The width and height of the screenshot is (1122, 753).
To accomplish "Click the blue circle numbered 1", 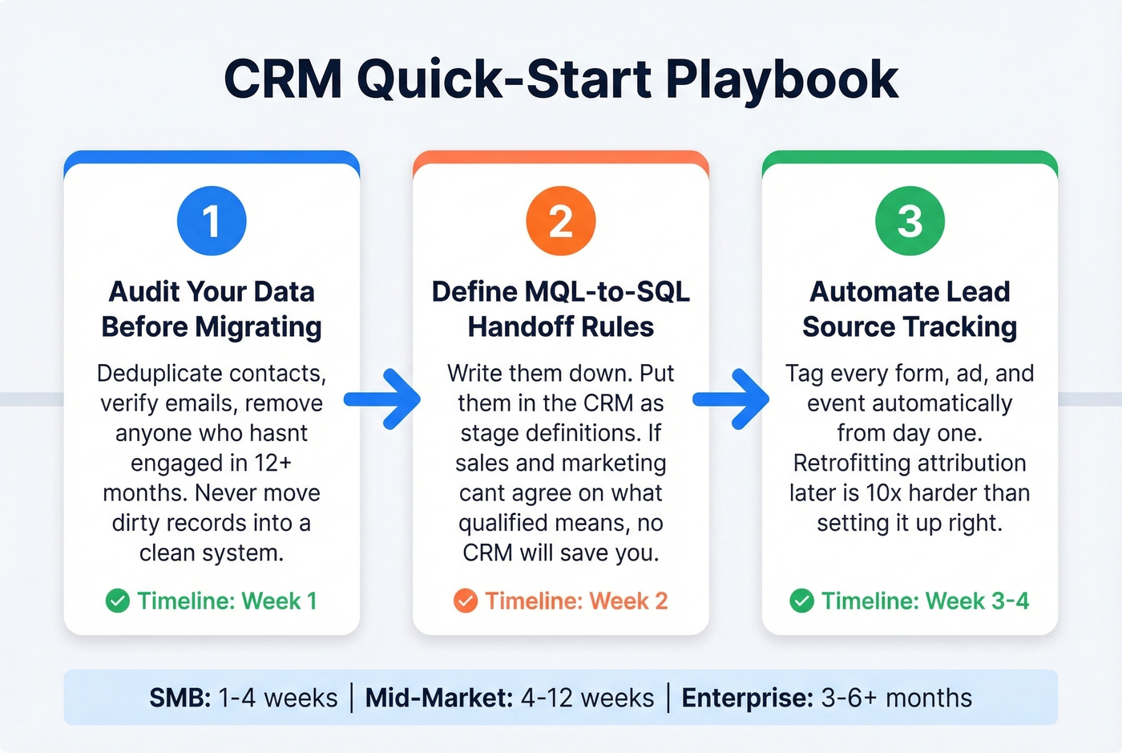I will (212, 221).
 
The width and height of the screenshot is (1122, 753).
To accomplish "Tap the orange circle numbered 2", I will (561, 221).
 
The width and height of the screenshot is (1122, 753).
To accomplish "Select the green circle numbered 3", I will (910, 221).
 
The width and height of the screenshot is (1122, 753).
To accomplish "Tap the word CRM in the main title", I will (283, 80).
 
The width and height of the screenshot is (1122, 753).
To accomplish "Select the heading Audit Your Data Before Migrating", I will (212, 309).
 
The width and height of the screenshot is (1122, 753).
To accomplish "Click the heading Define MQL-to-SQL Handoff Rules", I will (561, 309).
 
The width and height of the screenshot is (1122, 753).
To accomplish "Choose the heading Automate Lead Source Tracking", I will (910, 309).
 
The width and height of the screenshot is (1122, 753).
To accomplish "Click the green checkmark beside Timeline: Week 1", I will (118, 601).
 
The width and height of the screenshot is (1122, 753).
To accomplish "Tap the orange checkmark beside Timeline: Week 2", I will (466, 601).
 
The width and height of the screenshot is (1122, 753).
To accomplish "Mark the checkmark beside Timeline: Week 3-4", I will (801, 601).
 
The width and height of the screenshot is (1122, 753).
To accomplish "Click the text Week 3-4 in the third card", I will (977, 601).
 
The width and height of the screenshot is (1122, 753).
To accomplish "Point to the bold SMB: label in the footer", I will (180, 698).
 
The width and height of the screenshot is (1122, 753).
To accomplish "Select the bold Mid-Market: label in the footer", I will (439, 698).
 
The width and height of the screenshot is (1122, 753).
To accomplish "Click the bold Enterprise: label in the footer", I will (748, 698).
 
